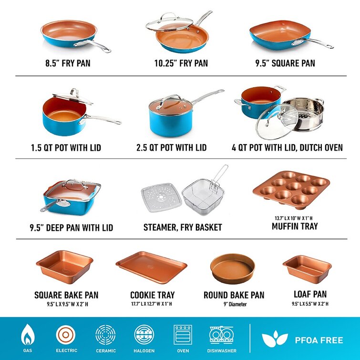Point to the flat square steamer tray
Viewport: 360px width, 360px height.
click(x=161, y=198)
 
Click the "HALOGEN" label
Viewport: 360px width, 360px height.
click(x=144, y=351)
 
